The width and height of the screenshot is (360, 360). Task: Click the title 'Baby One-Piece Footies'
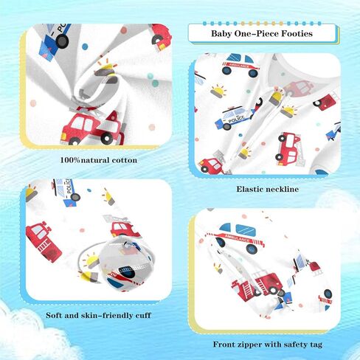pos(262,33)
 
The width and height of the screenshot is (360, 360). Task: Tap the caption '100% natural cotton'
pos(99,160)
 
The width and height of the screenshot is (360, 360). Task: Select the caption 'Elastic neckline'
pos(268,189)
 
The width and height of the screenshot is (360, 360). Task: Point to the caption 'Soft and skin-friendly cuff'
pos(98,316)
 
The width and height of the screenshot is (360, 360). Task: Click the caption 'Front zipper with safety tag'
pos(268,345)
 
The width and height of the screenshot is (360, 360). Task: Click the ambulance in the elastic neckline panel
pos(240,65)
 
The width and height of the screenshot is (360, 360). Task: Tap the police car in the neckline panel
pos(234,118)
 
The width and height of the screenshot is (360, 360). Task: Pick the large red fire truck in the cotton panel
pos(93,128)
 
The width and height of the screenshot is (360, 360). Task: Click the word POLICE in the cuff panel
pos(69,187)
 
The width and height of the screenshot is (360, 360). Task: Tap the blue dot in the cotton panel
pos(85,46)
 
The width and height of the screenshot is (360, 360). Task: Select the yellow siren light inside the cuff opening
pos(91,260)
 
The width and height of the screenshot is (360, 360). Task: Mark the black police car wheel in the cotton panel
pos(62,41)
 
